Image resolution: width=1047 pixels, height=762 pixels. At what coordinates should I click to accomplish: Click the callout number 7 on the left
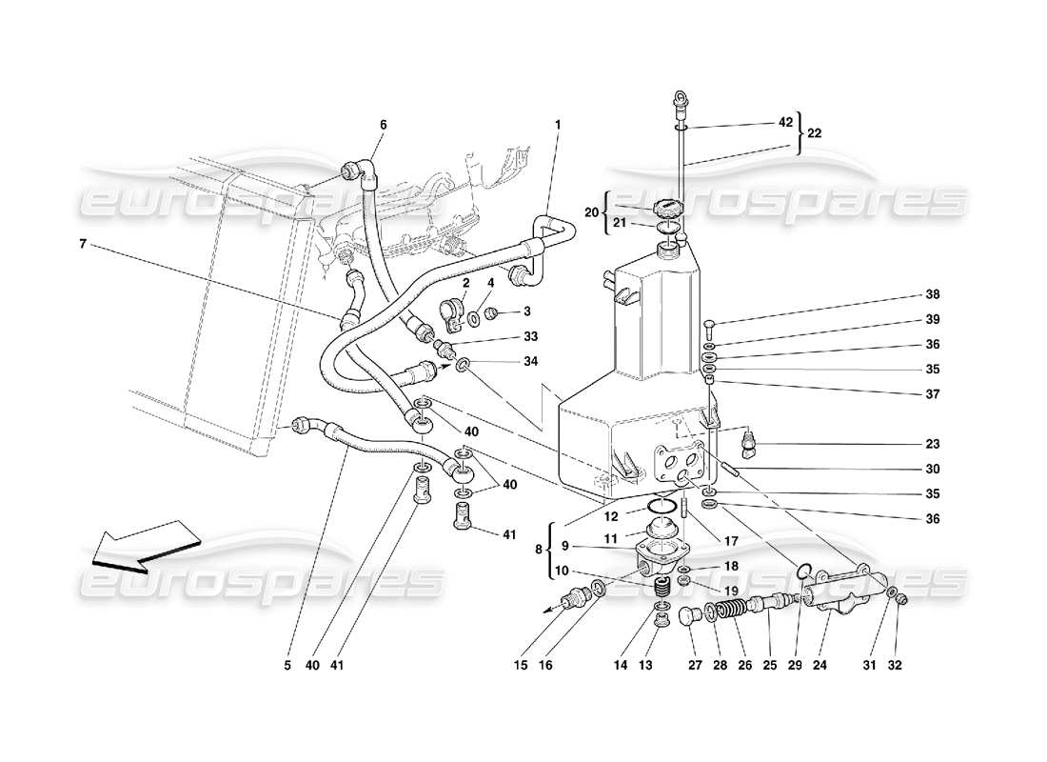pos(84,245)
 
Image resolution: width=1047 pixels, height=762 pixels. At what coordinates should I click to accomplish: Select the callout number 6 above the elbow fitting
pos(384,125)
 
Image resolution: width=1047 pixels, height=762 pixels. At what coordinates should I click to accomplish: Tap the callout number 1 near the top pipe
pos(558,125)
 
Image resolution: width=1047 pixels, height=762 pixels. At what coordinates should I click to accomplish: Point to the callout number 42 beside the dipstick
pos(785,123)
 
